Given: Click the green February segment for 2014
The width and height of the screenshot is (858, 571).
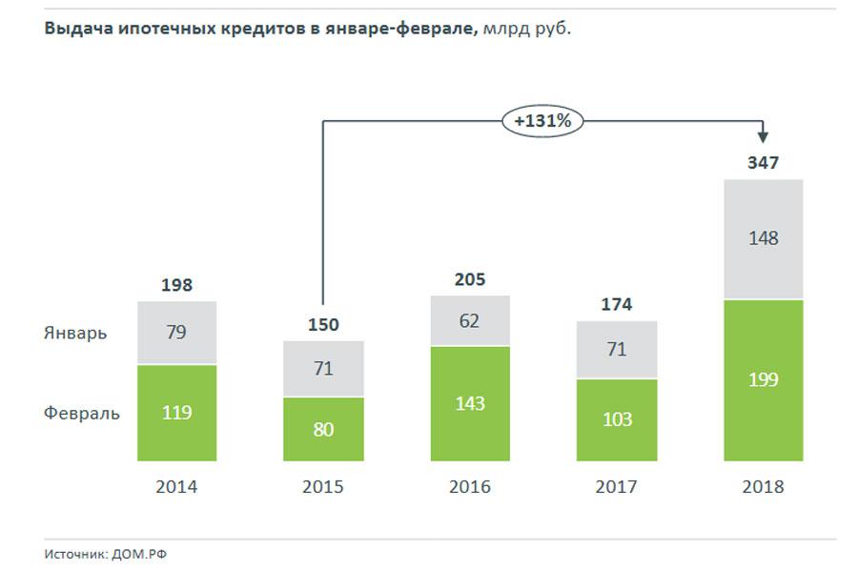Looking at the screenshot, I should point(176,413).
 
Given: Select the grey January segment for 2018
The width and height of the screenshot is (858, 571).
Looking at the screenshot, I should point(763,239).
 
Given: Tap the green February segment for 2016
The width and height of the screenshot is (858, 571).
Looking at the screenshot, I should point(470,403).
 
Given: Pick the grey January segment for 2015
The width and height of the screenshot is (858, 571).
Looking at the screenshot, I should point(323,368).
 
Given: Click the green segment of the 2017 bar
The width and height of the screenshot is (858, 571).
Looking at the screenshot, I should point(617,419).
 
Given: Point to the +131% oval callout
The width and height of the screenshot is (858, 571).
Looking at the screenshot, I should point(541,121).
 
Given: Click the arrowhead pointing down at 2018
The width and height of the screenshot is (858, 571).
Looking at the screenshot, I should point(763,138).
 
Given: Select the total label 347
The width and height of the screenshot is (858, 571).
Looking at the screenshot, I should point(763,163).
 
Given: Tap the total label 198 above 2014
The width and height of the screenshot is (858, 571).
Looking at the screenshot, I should point(176,285).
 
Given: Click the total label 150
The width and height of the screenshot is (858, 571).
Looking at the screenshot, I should point(323,325).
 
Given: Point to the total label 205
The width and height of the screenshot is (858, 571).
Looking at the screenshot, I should point(470,279).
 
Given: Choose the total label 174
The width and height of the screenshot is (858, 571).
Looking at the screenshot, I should point(617,305).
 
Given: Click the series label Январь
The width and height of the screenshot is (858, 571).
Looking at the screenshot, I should point(75,334).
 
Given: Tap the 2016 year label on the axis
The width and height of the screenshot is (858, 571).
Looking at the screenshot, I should point(470,487).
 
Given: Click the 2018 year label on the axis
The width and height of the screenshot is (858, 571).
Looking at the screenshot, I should point(763,487).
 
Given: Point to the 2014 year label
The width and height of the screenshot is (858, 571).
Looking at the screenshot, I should point(176,487).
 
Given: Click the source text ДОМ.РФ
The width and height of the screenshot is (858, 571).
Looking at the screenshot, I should point(147,554).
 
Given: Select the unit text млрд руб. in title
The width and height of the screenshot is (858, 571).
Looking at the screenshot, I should point(527,29).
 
